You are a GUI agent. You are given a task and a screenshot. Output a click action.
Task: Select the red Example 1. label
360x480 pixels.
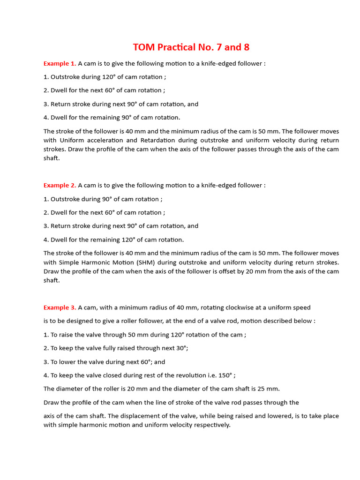(60, 63)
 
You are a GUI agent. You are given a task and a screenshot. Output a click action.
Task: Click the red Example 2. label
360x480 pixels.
(60, 185)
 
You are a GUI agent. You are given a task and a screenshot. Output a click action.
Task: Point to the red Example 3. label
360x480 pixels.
(60, 307)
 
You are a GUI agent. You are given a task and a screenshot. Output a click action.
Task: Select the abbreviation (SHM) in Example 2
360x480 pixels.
(141, 262)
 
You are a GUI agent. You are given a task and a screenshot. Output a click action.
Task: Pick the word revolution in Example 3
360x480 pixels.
(176, 375)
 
